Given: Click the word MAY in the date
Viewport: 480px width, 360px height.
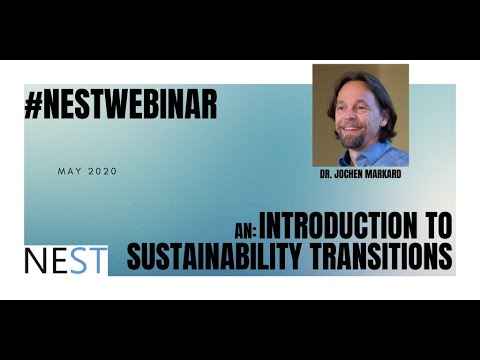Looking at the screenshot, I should pyautogui.click(x=69, y=171).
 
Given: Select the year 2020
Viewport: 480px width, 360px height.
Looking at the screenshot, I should pyautogui.click(x=102, y=171).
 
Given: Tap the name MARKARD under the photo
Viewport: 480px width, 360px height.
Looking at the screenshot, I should pyautogui.click(x=380, y=172).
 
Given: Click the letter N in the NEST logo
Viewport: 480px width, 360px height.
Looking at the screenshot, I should pyautogui.click(x=36, y=260).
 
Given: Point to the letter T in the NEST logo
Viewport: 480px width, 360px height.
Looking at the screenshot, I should pyautogui.click(x=97, y=260).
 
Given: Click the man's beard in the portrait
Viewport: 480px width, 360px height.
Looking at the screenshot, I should pyautogui.click(x=352, y=139).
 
